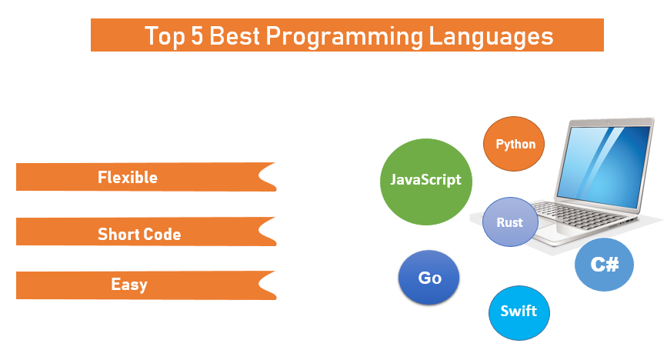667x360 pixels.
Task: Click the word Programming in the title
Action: (345, 37)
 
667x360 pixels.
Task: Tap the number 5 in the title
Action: (196, 35)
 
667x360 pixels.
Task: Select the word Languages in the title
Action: (491, 37)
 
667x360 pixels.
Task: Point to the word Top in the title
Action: (165, 37)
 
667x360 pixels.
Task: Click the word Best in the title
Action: (235, 35)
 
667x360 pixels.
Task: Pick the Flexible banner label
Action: (128, 177)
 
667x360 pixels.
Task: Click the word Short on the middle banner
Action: (118, 234)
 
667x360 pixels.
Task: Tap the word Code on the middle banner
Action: (162, 234)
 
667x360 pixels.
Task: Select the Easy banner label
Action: (129, 285)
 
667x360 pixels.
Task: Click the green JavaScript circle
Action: (425, 182)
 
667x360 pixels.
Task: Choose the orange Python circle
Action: (514, 144)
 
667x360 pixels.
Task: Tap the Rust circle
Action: (510, 222)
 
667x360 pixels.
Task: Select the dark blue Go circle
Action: (429, 278)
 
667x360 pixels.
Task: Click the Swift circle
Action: (519, 313)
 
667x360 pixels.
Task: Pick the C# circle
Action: (604, 265)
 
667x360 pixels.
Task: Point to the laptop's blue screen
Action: (605, 165)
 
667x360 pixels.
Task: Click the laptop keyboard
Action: (579, 214)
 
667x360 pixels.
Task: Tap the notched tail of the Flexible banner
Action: (267, 177)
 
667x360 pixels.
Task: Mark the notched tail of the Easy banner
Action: (267, 285)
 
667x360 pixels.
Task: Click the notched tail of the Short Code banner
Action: (267, 232)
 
